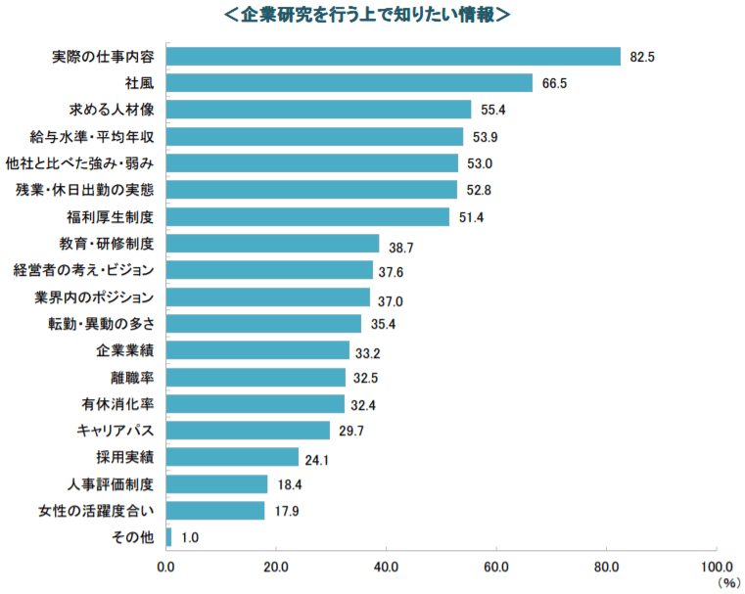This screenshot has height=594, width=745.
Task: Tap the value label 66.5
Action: [554, 83]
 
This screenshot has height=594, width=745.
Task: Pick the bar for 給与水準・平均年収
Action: [314, 136]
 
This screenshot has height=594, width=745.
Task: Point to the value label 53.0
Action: [480, 162]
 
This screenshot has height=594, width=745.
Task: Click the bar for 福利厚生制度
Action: [307, 216]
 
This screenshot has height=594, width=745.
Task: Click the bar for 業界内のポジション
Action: [267, 297]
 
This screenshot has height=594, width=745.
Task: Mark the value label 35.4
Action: [383, 324]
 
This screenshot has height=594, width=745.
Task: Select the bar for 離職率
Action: [256, 377]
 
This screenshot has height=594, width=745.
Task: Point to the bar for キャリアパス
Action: [248, 430]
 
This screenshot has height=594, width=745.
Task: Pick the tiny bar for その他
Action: [168, 536]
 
